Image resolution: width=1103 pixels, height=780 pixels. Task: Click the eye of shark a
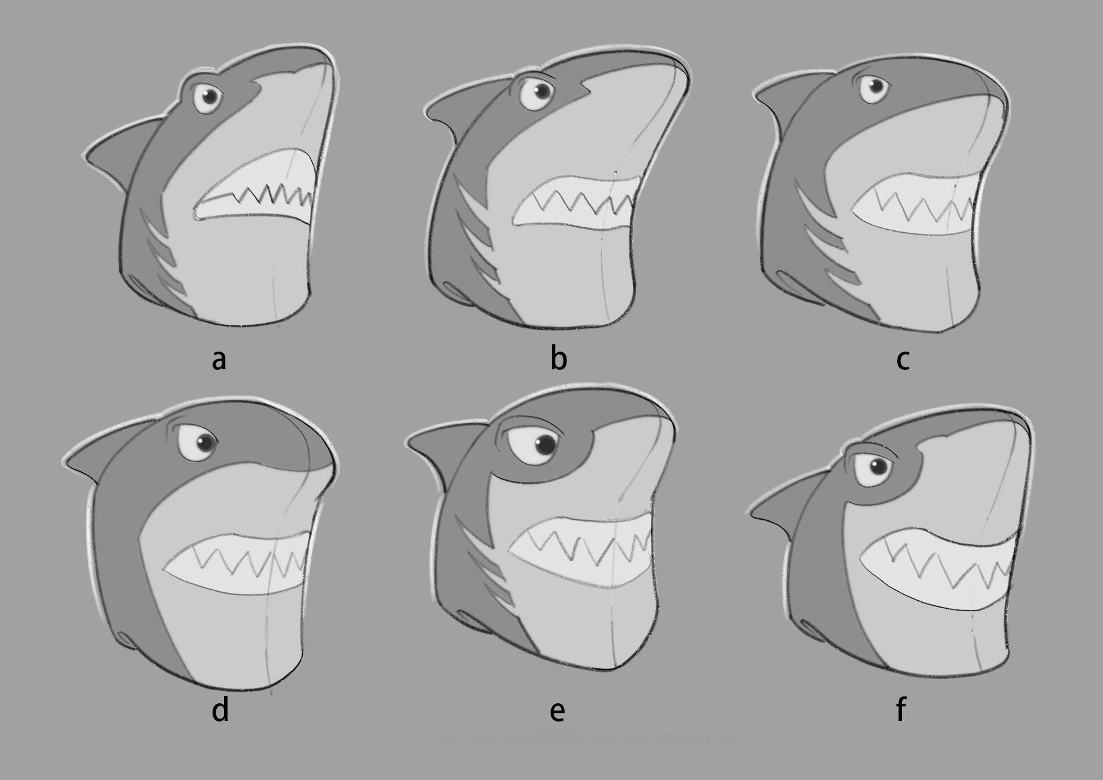pos(208,97)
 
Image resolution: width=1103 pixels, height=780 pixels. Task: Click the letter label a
pos(219,360)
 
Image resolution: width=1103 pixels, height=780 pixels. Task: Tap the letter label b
pos(559,357)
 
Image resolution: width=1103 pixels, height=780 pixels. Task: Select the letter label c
pos(903,361)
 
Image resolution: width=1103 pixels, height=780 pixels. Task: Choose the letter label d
pos(220,709)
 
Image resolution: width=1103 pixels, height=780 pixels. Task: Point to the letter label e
pos(557,711)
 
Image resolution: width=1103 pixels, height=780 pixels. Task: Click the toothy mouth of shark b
pos(576,204)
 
